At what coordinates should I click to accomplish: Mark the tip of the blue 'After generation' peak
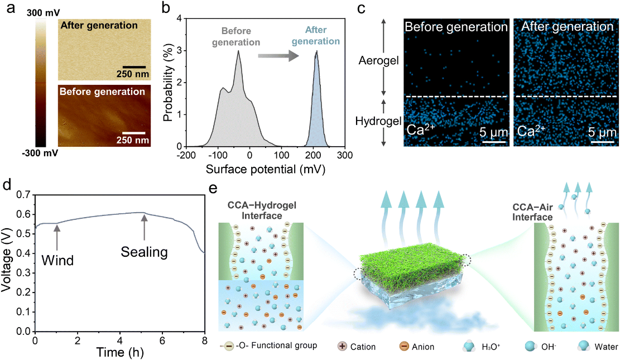(316, 52)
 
